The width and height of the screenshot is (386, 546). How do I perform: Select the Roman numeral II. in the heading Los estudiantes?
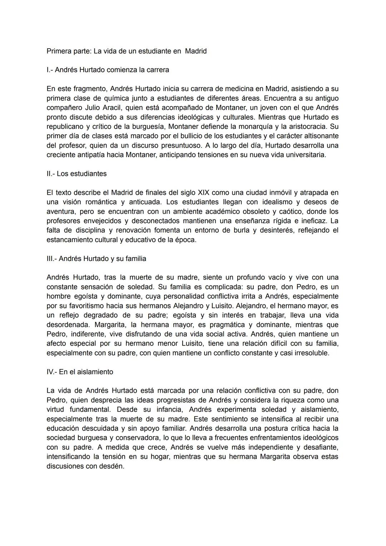pos(51,174)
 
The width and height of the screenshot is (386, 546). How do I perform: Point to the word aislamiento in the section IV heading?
pos(95,372)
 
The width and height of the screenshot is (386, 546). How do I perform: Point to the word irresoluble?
pos(310,353)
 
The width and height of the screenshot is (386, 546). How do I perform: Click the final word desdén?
pos(111,466)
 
